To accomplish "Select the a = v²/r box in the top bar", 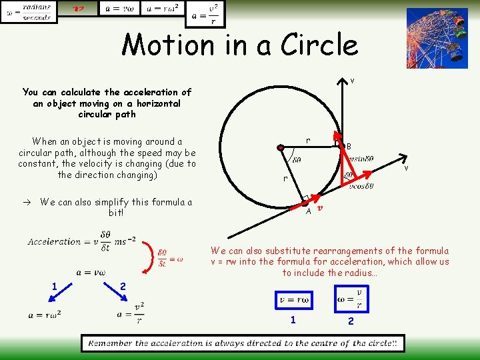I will click(205, 13).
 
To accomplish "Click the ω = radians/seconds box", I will click(29, 12).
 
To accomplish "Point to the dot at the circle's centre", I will click(281, 147).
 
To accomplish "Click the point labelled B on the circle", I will click(340, 145).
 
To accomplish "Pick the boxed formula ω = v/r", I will click(351, 298).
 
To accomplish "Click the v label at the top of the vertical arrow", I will click(352, 81).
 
